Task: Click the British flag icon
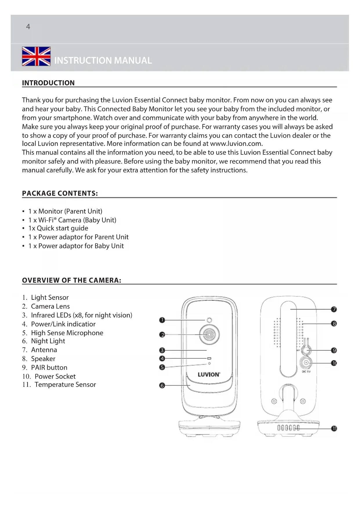click(x=36, y=56)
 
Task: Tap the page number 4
click(x=28, y=27)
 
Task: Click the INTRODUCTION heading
click(x=48, y=83)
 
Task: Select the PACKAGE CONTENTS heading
click(x=60, y=194)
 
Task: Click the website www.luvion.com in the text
click(x=236, y=144)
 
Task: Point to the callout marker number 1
click(x=162, y=320)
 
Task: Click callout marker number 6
click(x=162, y=386)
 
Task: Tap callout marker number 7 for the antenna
click(x=334, y=309)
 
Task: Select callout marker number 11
click(x=334, y=429)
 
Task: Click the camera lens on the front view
click(x=209, y=335)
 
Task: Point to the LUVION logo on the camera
click(x=209, y=375)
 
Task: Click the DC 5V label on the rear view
click(x=306, y=372)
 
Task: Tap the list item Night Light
click(x=48, y=341)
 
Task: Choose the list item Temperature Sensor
click(x=65, y=385)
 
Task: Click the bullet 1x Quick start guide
click(x=58, y=228)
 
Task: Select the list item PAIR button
click(x=49, y=368)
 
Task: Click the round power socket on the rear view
click(x=306, y=363)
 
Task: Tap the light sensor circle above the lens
click(x=209, y=320)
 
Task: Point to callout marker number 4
click(x=162, y=359)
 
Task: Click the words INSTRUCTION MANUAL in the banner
click(x=103, y=60)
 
